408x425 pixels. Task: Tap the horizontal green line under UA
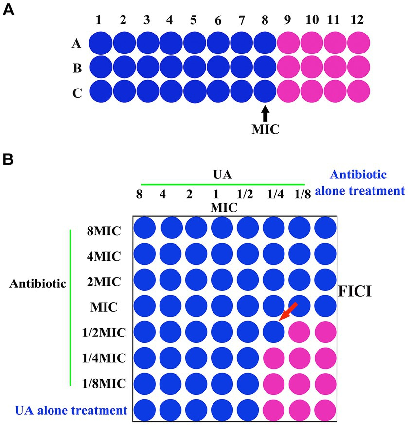click(223, 185)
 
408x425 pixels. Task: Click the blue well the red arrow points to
click(274, 333)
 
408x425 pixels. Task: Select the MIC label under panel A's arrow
click(265, 131)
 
